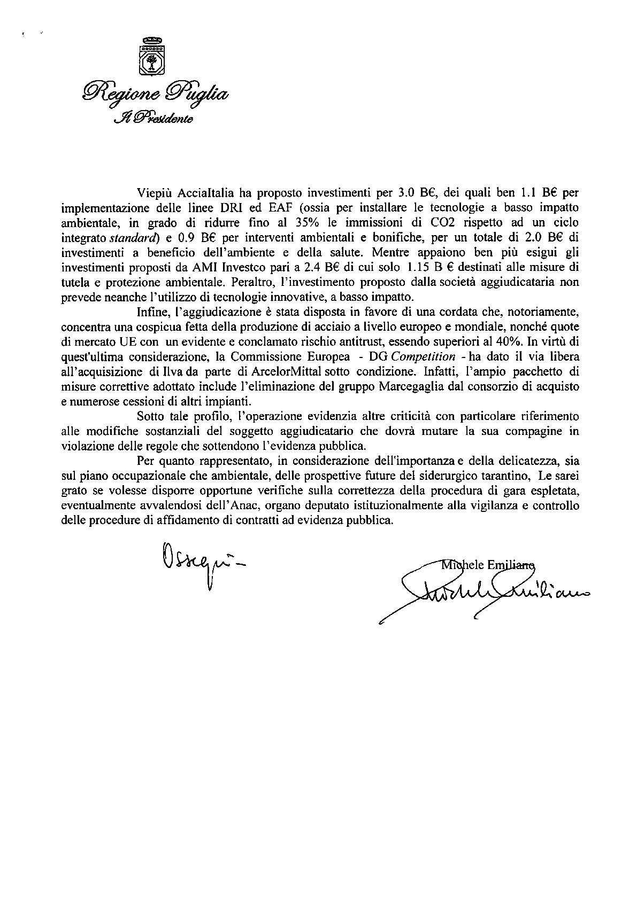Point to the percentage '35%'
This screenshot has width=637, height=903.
305,221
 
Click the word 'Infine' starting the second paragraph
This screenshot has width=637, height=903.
151,311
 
